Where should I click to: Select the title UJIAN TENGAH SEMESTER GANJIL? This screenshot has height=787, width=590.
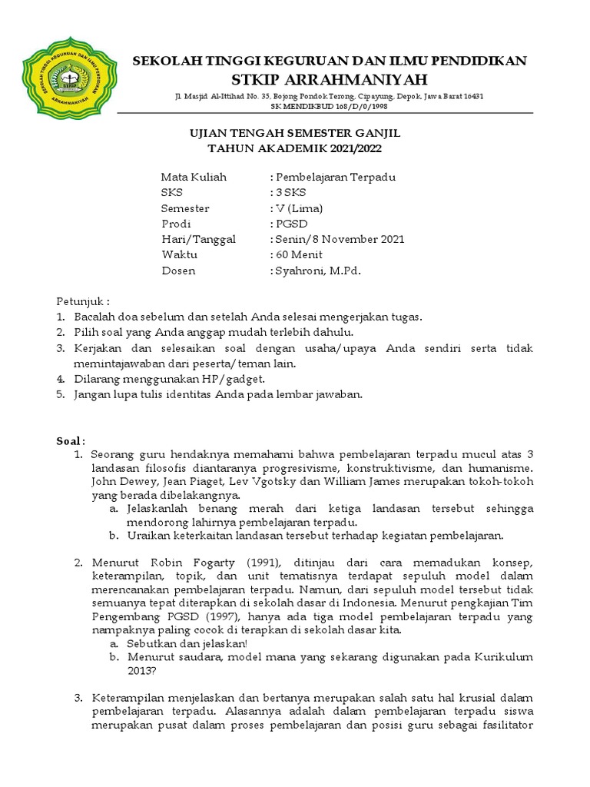click(295, 134)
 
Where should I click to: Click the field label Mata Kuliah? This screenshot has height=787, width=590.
click(194, 177)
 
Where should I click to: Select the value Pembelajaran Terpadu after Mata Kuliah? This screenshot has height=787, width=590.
click(336, 177)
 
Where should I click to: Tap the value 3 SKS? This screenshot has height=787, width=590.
click(290, 193)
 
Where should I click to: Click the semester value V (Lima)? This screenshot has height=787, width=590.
click(300, 208)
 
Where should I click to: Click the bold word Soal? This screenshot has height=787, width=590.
click(69, 440)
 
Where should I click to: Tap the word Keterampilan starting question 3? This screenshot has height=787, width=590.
click(129, 698)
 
